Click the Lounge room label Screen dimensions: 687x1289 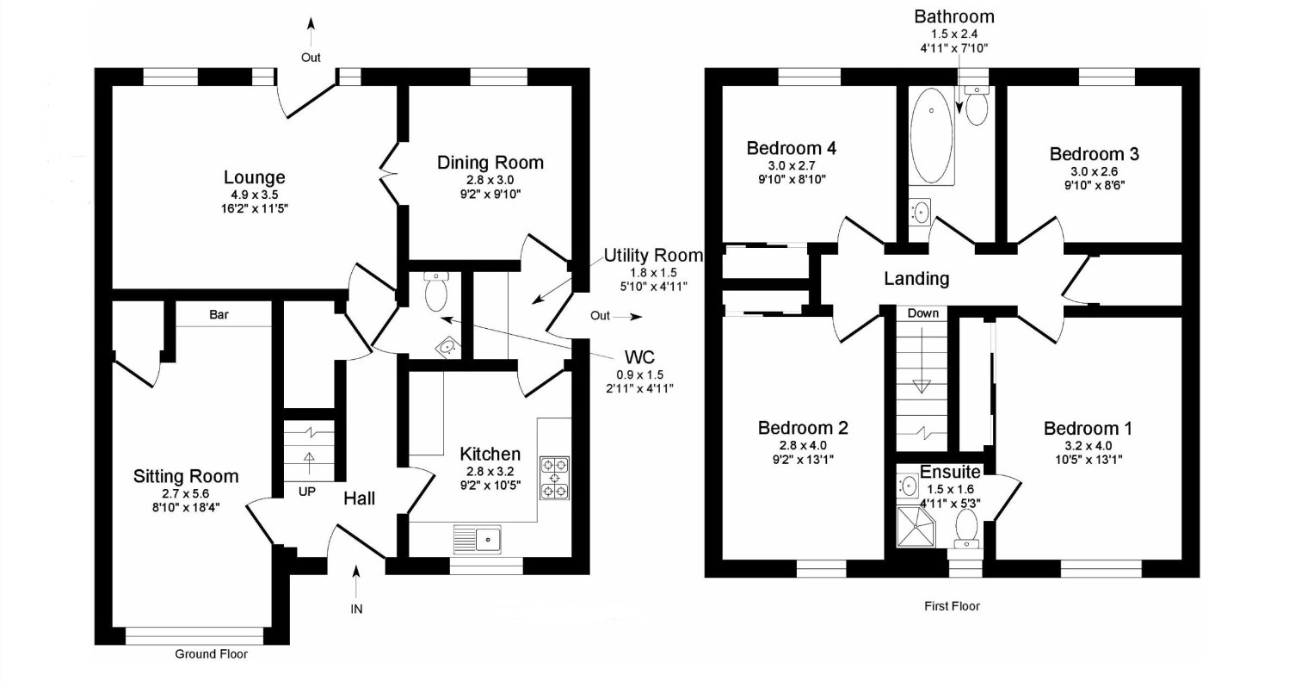coord(254,178)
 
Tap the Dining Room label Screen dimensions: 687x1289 coord(490,163)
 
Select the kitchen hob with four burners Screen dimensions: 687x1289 coord(554,478)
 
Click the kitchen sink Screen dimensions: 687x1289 coord(478,539)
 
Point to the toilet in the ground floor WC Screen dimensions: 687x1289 coord(436,292)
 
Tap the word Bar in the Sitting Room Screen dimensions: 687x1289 coord(219,315)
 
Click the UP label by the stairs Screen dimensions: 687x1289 coord(307,492)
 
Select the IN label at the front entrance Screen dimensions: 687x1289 coord(356,609)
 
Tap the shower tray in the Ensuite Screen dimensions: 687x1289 coord(916,526)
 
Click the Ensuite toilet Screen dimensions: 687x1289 coord(966,527)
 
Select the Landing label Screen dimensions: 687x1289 coord(916,279)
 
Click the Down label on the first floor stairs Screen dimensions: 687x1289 coord(922,313)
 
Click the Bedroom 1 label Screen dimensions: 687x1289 coord(1088,429)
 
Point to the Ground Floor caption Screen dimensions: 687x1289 coord(211,654)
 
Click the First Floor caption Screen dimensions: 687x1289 coord(951,606)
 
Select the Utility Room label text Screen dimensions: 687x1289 coord(652,256)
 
